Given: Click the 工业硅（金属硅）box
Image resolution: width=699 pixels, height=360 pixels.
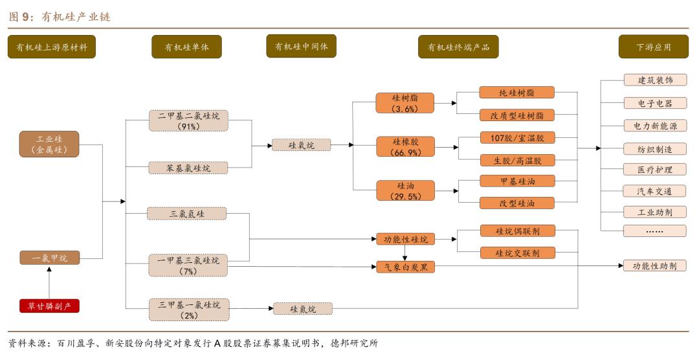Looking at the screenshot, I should (49, 144).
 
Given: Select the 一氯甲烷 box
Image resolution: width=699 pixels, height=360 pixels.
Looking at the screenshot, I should (49, 258).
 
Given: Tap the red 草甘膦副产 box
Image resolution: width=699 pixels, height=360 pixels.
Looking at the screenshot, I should (49, 306).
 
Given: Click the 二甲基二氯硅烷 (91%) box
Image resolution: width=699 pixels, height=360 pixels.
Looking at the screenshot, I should (188, 121).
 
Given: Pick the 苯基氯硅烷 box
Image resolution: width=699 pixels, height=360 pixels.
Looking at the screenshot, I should (188, 168).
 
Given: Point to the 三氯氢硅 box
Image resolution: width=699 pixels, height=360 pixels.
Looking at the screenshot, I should (186, 213).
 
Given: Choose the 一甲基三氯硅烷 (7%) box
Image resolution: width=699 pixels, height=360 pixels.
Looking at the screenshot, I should (188, 265).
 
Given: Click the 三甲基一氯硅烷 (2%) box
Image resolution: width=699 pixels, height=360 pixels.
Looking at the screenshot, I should (188, 309).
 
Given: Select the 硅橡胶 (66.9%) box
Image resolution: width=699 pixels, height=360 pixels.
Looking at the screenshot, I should (405, 146).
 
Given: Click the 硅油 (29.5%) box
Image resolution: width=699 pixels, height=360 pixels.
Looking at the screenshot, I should (405, 190).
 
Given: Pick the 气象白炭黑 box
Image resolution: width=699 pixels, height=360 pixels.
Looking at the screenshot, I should (405, 266).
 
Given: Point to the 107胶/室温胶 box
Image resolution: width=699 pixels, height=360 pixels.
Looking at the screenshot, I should (517, 137).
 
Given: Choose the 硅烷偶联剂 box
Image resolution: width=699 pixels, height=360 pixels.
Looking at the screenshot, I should (517, 231).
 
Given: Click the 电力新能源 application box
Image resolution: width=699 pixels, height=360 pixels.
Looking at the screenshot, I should (654, 126).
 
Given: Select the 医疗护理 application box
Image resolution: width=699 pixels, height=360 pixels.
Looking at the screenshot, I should (654, 169).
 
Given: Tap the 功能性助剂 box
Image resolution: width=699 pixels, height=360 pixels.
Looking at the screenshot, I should (654, 265).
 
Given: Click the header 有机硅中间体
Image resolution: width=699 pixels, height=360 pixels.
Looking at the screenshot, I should (301, 47).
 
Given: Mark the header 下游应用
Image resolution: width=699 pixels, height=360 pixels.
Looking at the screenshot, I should (653, 47).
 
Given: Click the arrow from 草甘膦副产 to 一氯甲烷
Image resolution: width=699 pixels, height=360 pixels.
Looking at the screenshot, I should (49, 282).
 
